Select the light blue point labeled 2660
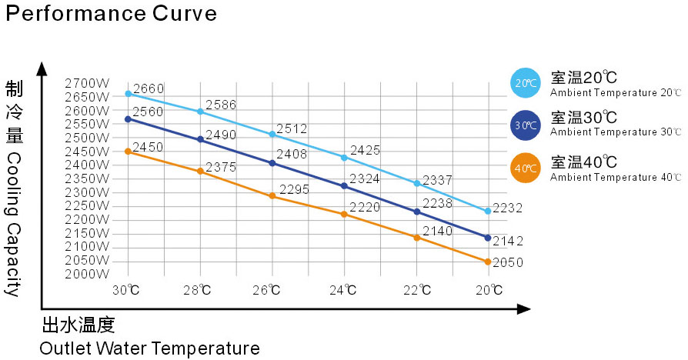pyautogui.click(x=129, y=94)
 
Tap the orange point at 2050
pyautogui.click(x=487, y=262)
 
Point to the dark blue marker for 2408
pyautogui.click(x=272, y=163)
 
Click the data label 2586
pyautogui.click(x=220, y=105)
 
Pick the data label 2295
pyautogui.click(x=294, y=189)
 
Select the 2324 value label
pyautogui.click(x=365, y=179)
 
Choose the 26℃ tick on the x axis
pyautogui.click(x=272, y=290)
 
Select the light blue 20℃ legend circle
pyautogui.click(x=527, y=83)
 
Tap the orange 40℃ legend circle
pyautogui.click(x=527, y=168)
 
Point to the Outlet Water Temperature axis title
pyautogui.click(x=149, y=348)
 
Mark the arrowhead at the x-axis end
pyautogui.click(x=524, y=309)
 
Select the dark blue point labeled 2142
pyautogui.click(x=487, y=238)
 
